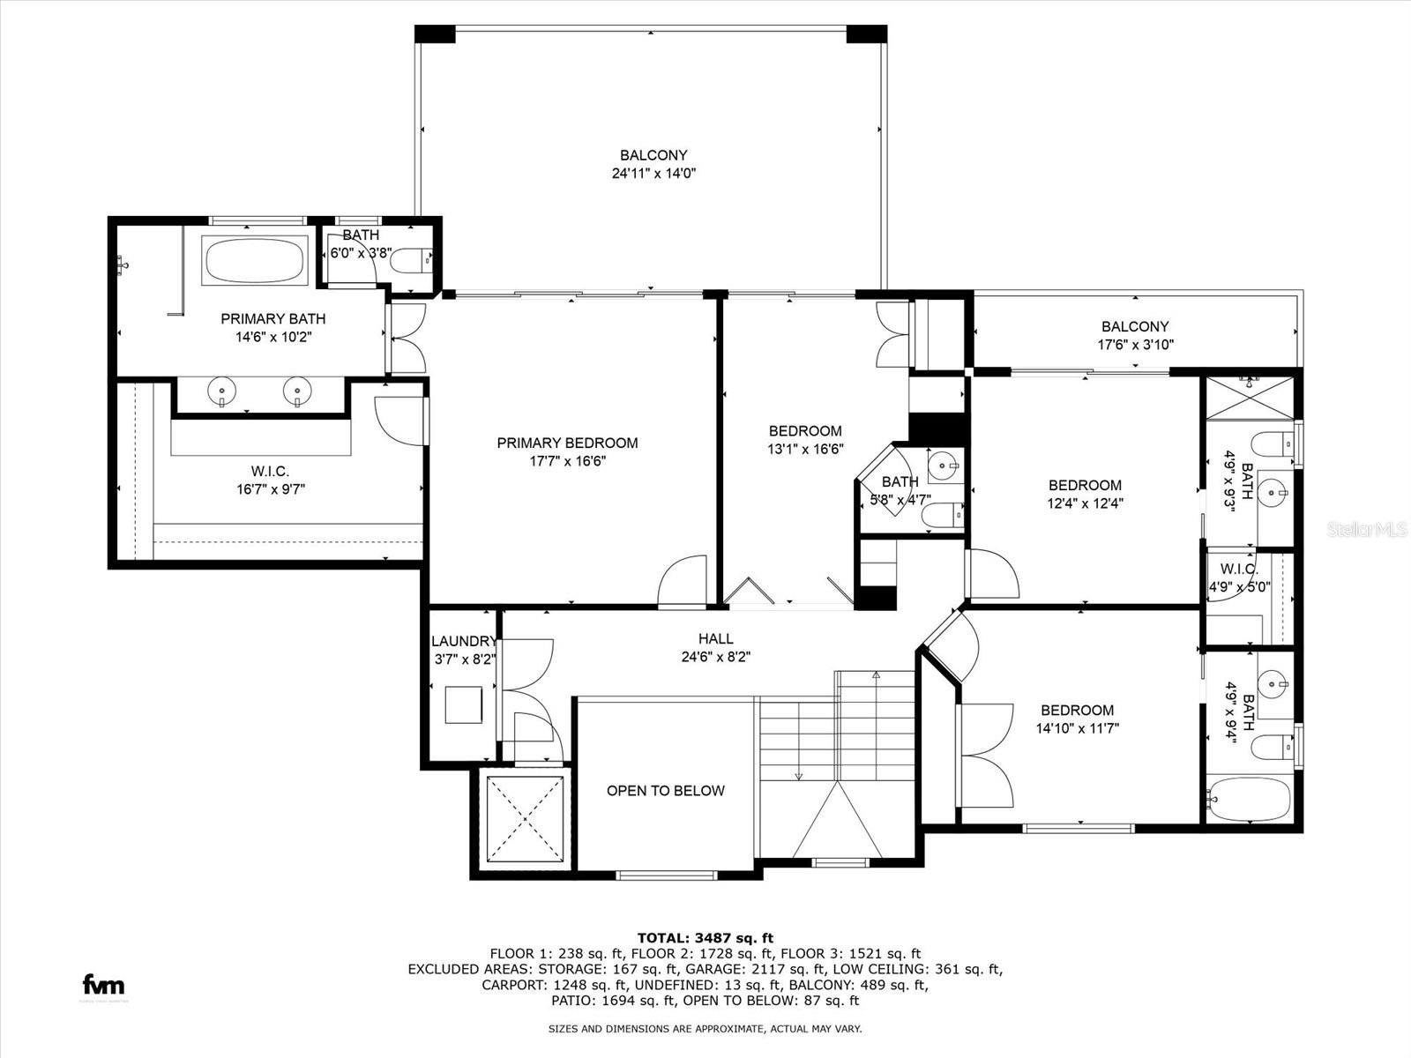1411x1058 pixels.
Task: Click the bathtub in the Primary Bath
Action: pos(255,260)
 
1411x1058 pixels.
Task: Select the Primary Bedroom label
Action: pos(567,443)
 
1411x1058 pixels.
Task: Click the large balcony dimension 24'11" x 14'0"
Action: pos(653,174)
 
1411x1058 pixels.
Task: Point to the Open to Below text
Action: pos(665,790)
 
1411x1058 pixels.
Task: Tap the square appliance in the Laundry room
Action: pos(463,705)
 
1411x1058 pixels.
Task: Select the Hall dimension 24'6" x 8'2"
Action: pos(715,657)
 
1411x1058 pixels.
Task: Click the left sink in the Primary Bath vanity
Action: pos(221,391)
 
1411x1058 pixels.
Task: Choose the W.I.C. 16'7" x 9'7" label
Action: pos(270,480)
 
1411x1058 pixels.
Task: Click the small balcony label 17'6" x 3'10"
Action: pos(1135,336)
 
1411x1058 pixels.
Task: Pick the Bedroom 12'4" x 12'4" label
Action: pos(1085,494)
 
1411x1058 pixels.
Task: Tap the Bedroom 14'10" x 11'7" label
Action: pos(1077,719)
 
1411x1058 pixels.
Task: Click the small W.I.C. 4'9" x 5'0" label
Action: pos(1239,577)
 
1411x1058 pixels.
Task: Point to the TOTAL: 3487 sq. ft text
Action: pos(705,938)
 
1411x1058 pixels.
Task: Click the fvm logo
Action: pos(103,985)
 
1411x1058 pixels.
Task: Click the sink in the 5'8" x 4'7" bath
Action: pos(944,464)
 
